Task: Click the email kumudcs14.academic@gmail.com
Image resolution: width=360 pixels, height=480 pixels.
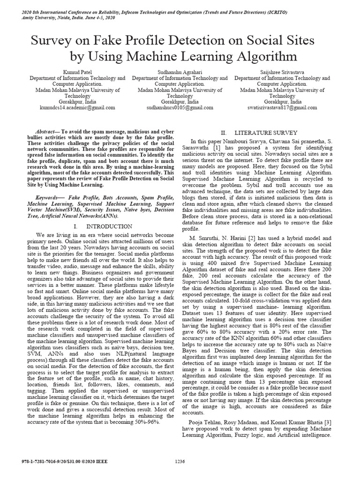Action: coord(77,107)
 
